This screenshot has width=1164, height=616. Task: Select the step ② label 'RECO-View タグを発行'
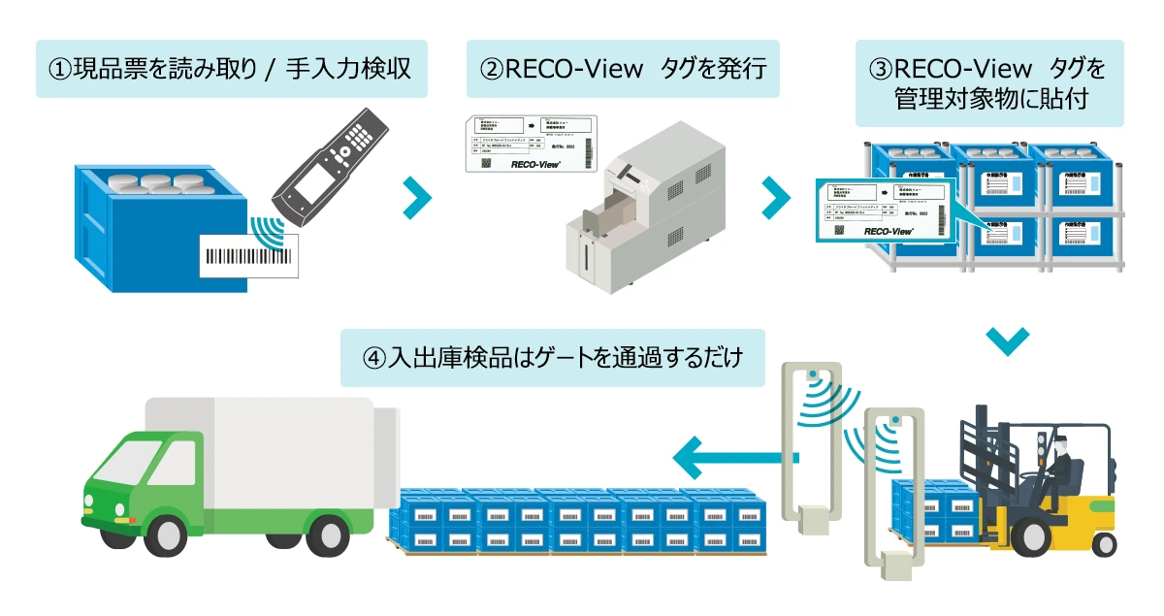click(622, 69)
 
